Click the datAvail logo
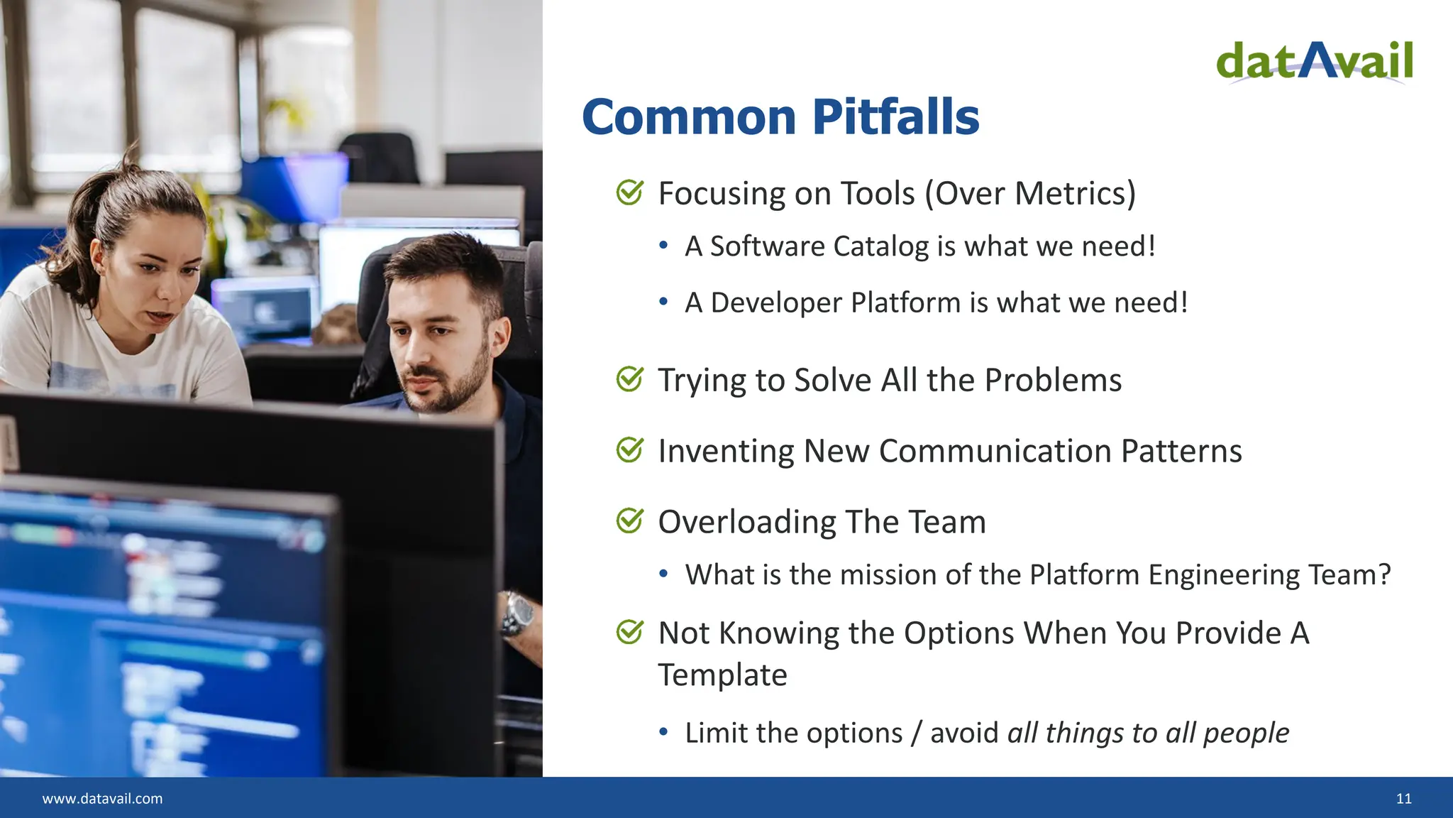coord(1314,62)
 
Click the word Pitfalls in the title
coord(895,117)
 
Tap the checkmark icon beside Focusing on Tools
coord(629,192)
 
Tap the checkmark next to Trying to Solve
coord(629,379)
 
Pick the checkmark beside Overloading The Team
coord(629,521)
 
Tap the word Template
coord(722,675)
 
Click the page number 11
coord(1403,799)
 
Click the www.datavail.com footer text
coord(102,799)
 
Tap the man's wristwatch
coord(519,614)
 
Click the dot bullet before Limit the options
coord(663,732)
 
